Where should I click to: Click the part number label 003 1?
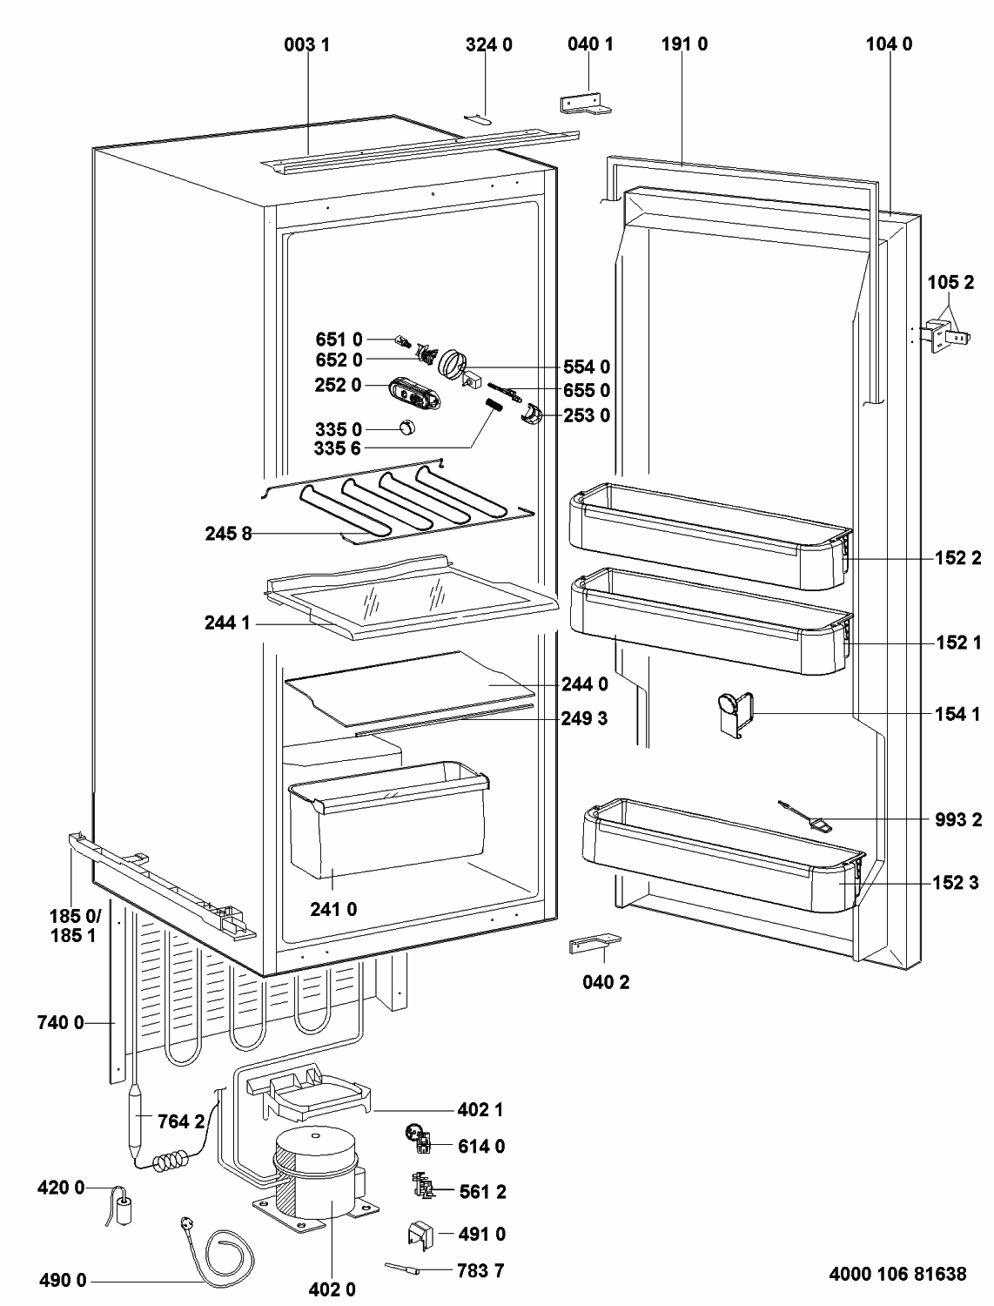[306, 44]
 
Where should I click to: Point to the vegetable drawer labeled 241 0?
[388, 820]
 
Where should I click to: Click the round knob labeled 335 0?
[406, 427]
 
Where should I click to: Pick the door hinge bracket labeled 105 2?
[946, 337]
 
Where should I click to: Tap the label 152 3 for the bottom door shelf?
[956, 882]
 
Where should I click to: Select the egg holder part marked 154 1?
[735, 714]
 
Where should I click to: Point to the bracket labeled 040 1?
[585, 104]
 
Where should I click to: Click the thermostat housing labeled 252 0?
[415, 394]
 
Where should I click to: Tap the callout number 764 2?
[181, 1121]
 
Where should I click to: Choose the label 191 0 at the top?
[684, 44]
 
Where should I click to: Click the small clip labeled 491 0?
[420, 1234]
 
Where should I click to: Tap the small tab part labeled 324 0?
[477, 118]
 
